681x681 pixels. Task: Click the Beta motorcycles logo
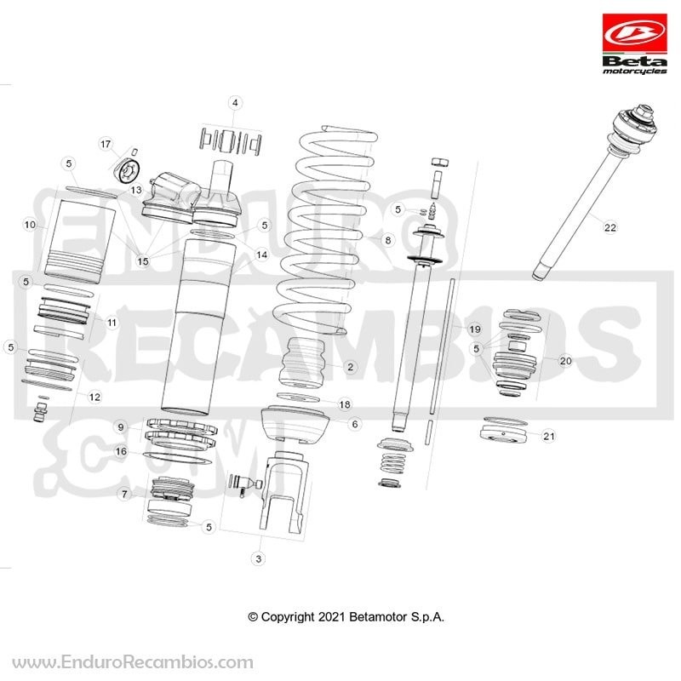(634, 44)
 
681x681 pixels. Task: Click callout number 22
(610, 227)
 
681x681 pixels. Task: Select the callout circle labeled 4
(235, 103)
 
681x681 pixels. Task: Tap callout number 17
(106, 144)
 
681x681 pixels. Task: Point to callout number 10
(30, 225)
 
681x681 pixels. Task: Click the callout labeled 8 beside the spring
(388, 240)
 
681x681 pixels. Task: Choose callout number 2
(350, 367)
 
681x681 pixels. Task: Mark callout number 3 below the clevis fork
(259, 558)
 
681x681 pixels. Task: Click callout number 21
(549, 436)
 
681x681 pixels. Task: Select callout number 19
(475, 329)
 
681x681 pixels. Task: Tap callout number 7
(124, 495)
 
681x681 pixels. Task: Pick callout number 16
(121, 452)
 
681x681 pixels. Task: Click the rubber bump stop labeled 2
(304, 363)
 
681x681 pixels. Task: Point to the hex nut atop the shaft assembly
(439, 162)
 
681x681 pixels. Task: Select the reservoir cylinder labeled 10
(80, 238)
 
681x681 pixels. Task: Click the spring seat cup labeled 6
(294, 424)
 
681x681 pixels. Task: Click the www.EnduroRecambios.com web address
(133, 662)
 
